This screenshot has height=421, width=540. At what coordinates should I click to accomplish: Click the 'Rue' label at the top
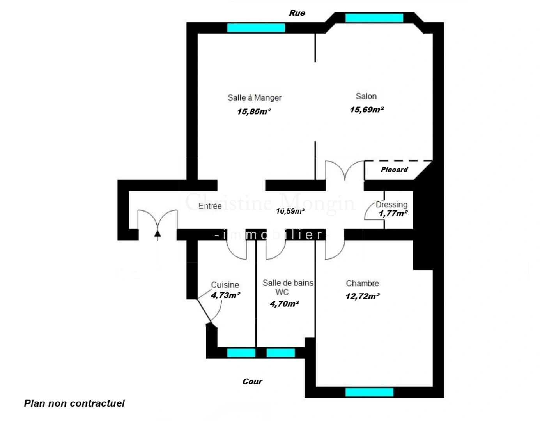(297, 13)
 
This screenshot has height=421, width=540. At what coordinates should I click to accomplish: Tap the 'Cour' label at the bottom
(252, 381)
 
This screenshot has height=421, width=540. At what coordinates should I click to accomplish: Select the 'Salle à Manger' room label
(255, 97)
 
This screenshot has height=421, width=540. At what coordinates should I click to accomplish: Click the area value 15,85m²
(254, 111)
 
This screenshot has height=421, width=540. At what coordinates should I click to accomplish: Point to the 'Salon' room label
(366, 96)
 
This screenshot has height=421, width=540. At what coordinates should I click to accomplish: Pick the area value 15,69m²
(366, 110)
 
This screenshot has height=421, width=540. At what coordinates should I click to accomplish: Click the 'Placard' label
(394, 170)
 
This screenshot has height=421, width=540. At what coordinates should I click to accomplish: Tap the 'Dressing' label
(391, 204)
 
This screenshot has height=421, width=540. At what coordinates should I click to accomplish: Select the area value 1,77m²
(393, 213)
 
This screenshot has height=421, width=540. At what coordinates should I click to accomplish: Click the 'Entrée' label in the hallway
(210, 206)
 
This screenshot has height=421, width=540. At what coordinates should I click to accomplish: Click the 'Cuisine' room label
(225, 285)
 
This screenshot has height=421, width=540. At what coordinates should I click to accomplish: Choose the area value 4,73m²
(225, 295)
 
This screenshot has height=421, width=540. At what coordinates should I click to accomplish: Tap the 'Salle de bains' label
(288, 283)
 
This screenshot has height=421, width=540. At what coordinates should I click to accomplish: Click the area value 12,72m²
(362, 296)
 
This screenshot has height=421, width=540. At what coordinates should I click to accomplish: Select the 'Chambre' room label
(362, 283)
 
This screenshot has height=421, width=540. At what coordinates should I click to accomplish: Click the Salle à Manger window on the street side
(256, 28)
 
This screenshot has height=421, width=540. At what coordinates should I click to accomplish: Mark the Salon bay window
(374, 18)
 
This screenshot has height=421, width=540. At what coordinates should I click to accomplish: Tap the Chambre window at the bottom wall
(369, 392)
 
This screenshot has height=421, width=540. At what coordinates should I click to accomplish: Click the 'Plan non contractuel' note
(74, 403)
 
